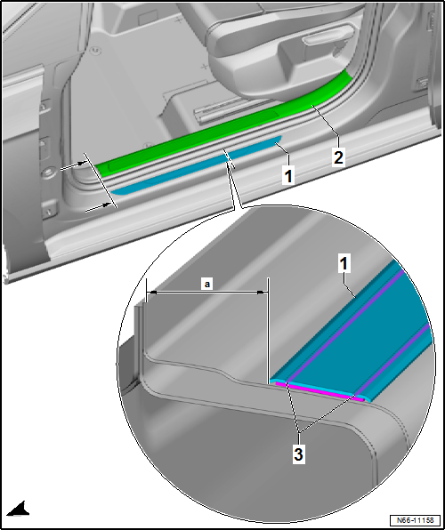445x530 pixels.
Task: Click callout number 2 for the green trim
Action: pos(338,157)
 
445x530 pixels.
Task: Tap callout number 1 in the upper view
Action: pos(288,176)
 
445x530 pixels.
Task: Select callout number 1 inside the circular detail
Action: pos(344,264)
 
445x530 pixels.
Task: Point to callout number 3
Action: pos(298,454)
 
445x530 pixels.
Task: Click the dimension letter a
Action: pos(207,285)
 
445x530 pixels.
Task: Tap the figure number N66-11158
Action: pos(416,519)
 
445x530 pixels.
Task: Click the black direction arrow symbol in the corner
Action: pos(18,509)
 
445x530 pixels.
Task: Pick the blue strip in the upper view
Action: pos(197,165)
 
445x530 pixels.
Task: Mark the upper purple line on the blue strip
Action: pos(345,327)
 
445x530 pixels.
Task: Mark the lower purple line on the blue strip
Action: pos(392,359)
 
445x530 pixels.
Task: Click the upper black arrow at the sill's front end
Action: pos(74,165)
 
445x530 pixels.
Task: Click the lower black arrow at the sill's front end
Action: pos(99,207)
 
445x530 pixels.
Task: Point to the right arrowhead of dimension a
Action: pos(263,292)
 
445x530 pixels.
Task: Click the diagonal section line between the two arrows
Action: pos(101,181)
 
